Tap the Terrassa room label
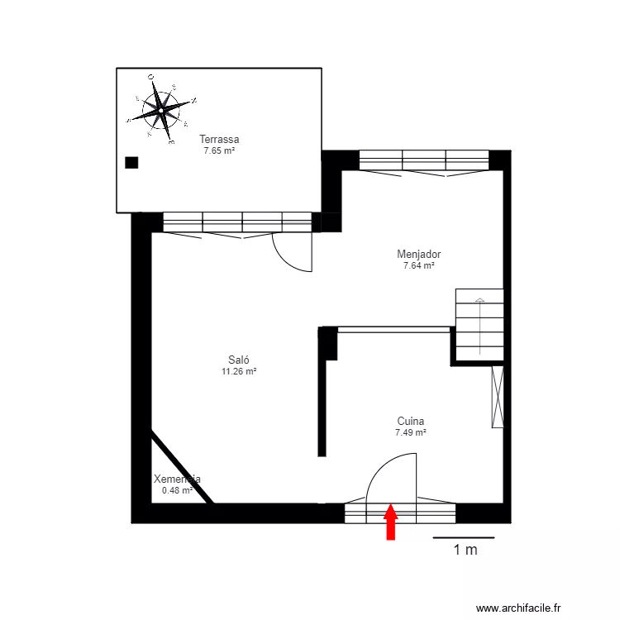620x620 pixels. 219,140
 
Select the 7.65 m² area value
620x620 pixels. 219,150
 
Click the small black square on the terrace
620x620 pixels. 131,162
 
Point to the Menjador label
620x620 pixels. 418,255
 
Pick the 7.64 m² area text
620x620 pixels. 418,265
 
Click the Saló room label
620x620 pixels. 239,360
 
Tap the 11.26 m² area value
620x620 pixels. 239,372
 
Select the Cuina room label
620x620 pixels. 411,421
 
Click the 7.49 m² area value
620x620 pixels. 411,432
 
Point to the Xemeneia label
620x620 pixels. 178,479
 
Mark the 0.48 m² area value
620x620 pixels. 177,490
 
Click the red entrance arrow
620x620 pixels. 391,523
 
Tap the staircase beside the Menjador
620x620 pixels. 479,322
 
